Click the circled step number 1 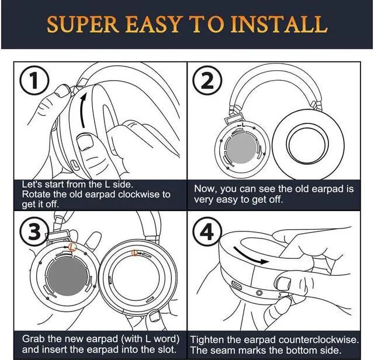(x=34, y=80)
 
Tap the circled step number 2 (x=207, y=81)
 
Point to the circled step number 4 (x=207, y=232)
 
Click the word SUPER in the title (x=83, y=25)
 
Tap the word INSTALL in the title (x=279, y=25)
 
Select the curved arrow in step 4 (x=251, y=256)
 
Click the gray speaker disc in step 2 (x=241, y=148)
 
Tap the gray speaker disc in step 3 (x=67, y=276)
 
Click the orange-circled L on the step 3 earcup (x=72, y=247)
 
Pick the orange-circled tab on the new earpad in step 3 (x=135, y=253)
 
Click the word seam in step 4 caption (x=223, y=351)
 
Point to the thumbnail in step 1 (x=85, y=142)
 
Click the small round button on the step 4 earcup (x=259, y=293)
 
